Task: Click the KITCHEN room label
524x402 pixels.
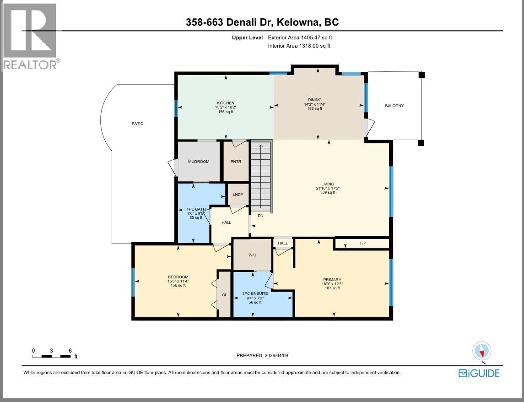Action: point(226,103)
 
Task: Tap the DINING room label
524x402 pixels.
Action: point(315,100)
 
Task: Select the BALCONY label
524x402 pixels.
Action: point(394,106)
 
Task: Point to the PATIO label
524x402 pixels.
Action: point(137,124)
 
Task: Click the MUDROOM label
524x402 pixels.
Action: point(199,162)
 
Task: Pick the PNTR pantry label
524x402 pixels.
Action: point(236,162)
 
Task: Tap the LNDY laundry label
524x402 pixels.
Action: point(238,195)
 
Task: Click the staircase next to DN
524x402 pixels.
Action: point(261,176)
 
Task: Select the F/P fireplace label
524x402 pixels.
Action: point(363,244)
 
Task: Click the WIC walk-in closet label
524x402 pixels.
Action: point(252,255)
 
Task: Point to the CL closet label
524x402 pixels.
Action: point(224,295)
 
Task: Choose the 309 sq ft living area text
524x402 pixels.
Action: point(328,192)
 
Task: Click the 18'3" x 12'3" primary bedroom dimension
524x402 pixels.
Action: point(332,284)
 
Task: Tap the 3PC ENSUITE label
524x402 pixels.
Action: point(255,293)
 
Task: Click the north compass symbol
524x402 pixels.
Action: point(481,352)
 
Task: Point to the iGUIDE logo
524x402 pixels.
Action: point(479,373)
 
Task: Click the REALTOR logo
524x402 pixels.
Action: point(30,37)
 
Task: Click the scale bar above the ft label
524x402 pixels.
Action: point(51,356)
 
